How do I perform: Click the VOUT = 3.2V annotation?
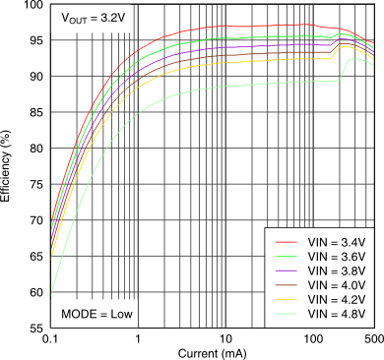[93, 19]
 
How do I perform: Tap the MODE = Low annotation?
[96, 314]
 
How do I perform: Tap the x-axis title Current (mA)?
[212, 352]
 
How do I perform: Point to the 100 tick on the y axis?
[32, 6]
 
